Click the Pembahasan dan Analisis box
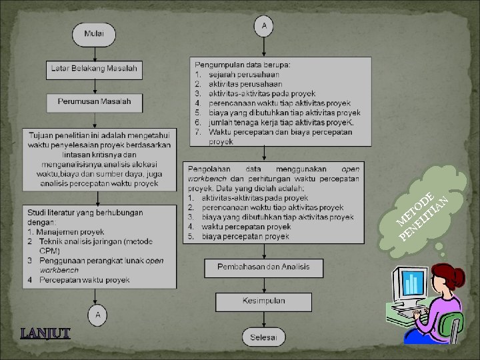[263, 267]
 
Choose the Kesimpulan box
[263, 301]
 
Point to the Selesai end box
[263, 337]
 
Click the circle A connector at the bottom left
[98, 313]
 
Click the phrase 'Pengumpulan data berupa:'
[247, 65]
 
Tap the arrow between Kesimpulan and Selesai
[263, 319]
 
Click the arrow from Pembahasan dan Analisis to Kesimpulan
[263, 284]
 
